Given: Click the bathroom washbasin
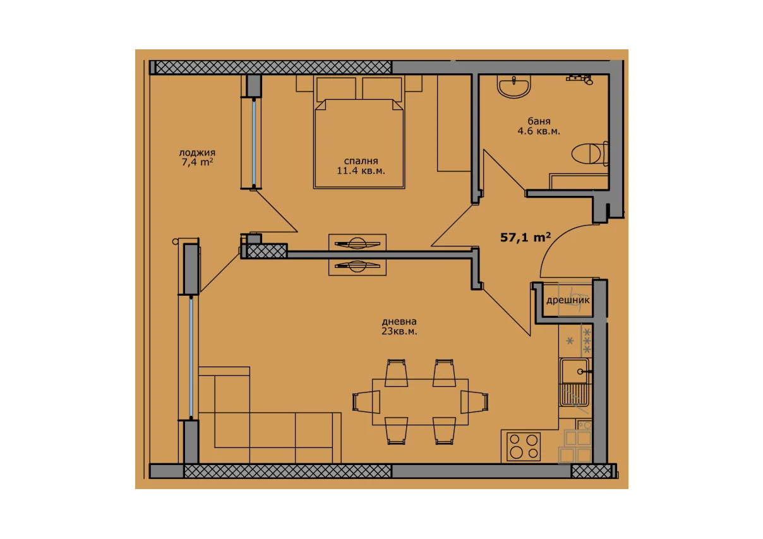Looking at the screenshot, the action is point(514,86).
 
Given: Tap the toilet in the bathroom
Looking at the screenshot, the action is point(590,154).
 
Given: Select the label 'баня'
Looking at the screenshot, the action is point(539,121).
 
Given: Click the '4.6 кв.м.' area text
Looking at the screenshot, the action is point(539,131).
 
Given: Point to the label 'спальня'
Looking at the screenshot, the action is point(361,160).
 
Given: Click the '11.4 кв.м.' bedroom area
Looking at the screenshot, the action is point(361,171).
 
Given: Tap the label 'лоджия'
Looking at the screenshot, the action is point(197,153).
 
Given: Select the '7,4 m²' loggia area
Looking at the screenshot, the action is point(197,162).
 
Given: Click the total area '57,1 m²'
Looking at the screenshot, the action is point(526,237).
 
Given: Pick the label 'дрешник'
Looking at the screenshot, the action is point(568,300).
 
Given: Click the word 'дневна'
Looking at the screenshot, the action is point(399,321).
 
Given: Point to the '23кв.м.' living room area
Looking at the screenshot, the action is point(399,331).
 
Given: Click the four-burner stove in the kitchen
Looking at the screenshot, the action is point(524,447).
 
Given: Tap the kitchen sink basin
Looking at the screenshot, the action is point(574,371).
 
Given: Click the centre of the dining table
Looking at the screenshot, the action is point(420,402).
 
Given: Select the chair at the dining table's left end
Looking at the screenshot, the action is point(366,402).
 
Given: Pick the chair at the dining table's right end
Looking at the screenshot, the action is point(474,402).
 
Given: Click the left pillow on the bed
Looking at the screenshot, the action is point(336,89).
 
